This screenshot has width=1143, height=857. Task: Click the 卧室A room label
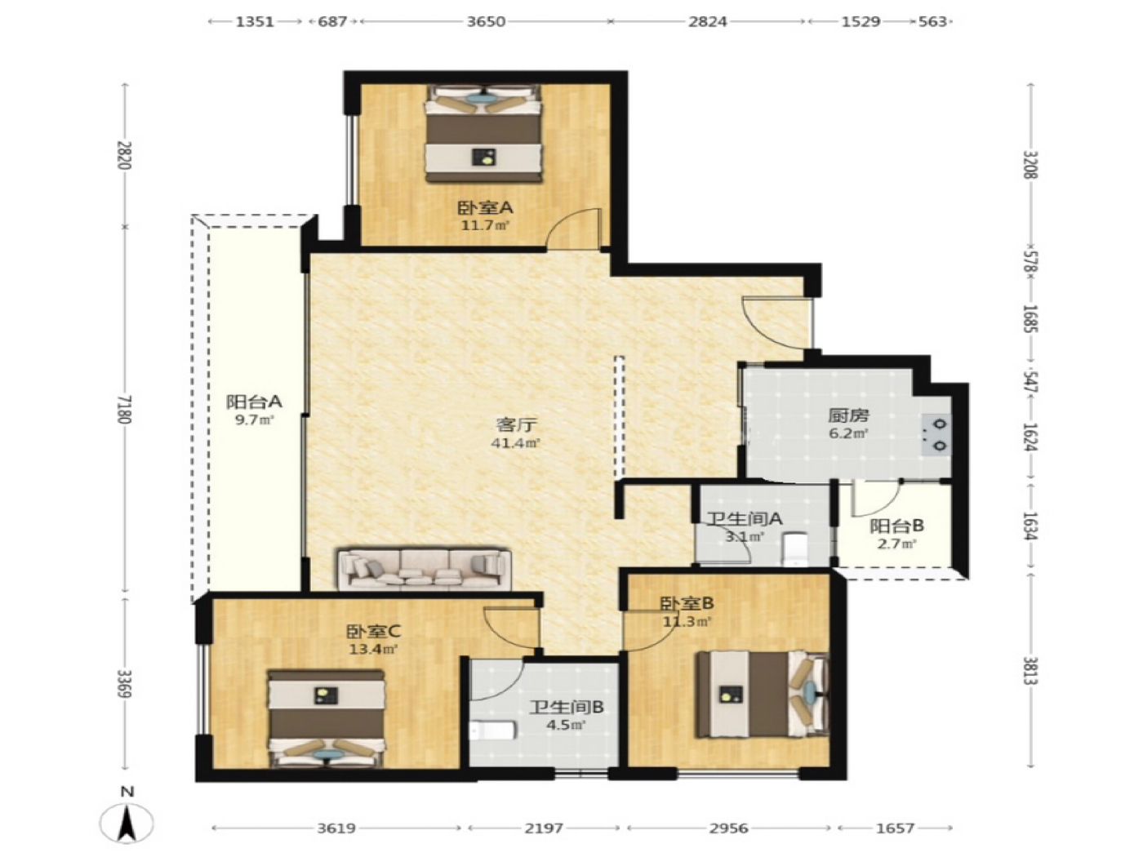click(485, 208)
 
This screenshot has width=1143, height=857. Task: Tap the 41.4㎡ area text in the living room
click(515, 443)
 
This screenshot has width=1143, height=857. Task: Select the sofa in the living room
click(424, 568)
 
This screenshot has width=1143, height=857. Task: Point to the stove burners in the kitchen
click(936, 434)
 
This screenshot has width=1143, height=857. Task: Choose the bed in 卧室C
click(327, 720)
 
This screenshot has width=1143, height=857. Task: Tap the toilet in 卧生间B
click(492, 730)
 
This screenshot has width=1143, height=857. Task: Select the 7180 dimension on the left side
click(125, 410)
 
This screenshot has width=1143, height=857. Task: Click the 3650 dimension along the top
click(485, 22)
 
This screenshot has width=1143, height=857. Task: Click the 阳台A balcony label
click(254, 402)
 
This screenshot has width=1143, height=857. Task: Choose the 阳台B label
click(896, 526)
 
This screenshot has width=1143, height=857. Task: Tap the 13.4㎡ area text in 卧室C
click(374, 650)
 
